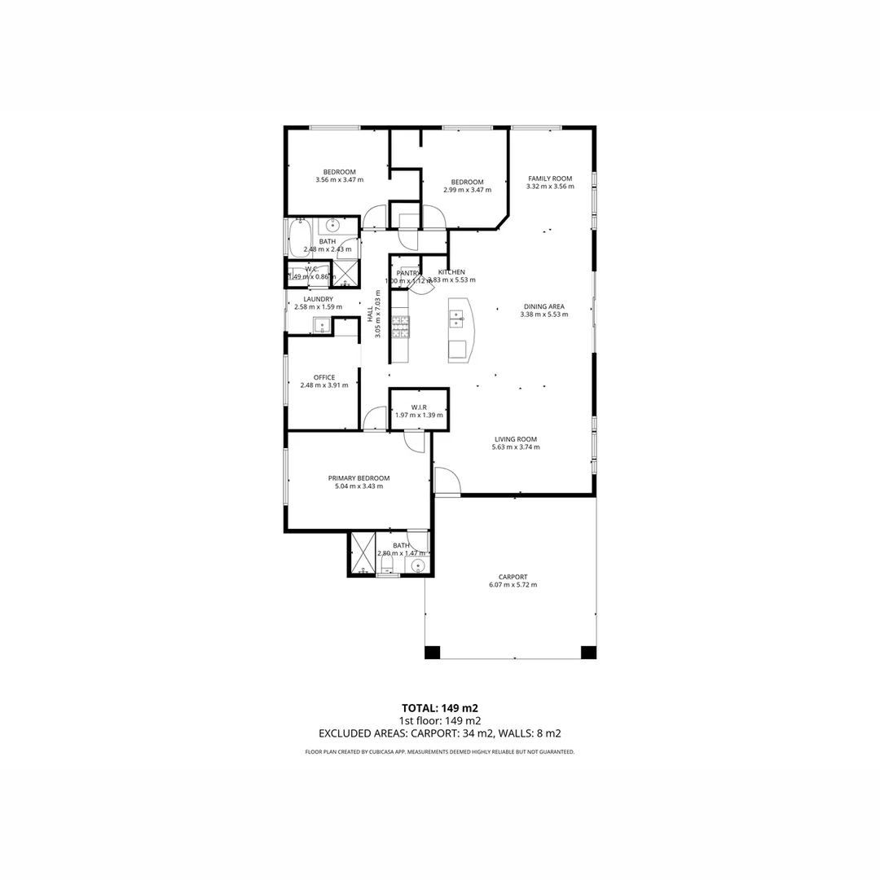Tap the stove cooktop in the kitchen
[401, 327]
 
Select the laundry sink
[322, 326]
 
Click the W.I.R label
[419, 407]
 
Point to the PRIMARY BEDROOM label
[359, 478]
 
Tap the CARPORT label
[513, 577]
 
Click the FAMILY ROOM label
[550, 178]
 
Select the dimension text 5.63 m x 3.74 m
[516, 447]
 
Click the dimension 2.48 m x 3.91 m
[324, 385]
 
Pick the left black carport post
[432, 652]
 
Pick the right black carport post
[588, 652]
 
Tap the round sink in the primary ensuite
[419, 565]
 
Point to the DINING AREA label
[543, 306]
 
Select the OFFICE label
[324, 376]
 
